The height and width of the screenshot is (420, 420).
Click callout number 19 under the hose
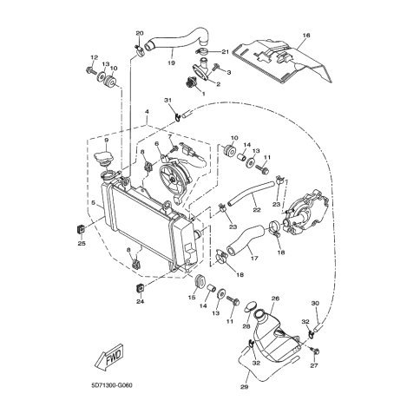[x=171, y=62]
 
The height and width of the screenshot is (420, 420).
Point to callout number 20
[x=139, y=34]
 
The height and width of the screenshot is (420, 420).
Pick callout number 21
[x=224, y=52]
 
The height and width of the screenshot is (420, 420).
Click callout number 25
[x=82, y=244]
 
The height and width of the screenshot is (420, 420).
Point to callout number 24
[x=140, y=301]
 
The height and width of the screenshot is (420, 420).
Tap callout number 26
[x=275, y=299]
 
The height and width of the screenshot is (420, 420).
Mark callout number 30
[x=316, y=303]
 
